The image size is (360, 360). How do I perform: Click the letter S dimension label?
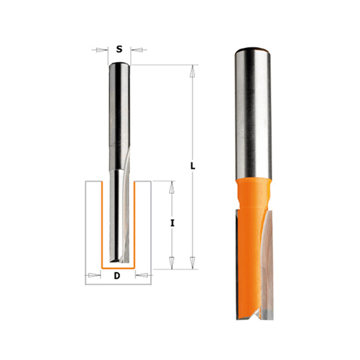[x=119, y=49]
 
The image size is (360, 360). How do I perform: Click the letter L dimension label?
[x=193, y=166]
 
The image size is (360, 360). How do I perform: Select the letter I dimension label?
[x=172, y=223]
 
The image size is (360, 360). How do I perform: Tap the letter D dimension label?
[x=117, y=275]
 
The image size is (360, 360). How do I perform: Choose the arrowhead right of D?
[x=141, y=275]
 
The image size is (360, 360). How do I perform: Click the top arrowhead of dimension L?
[x=193, y=71]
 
